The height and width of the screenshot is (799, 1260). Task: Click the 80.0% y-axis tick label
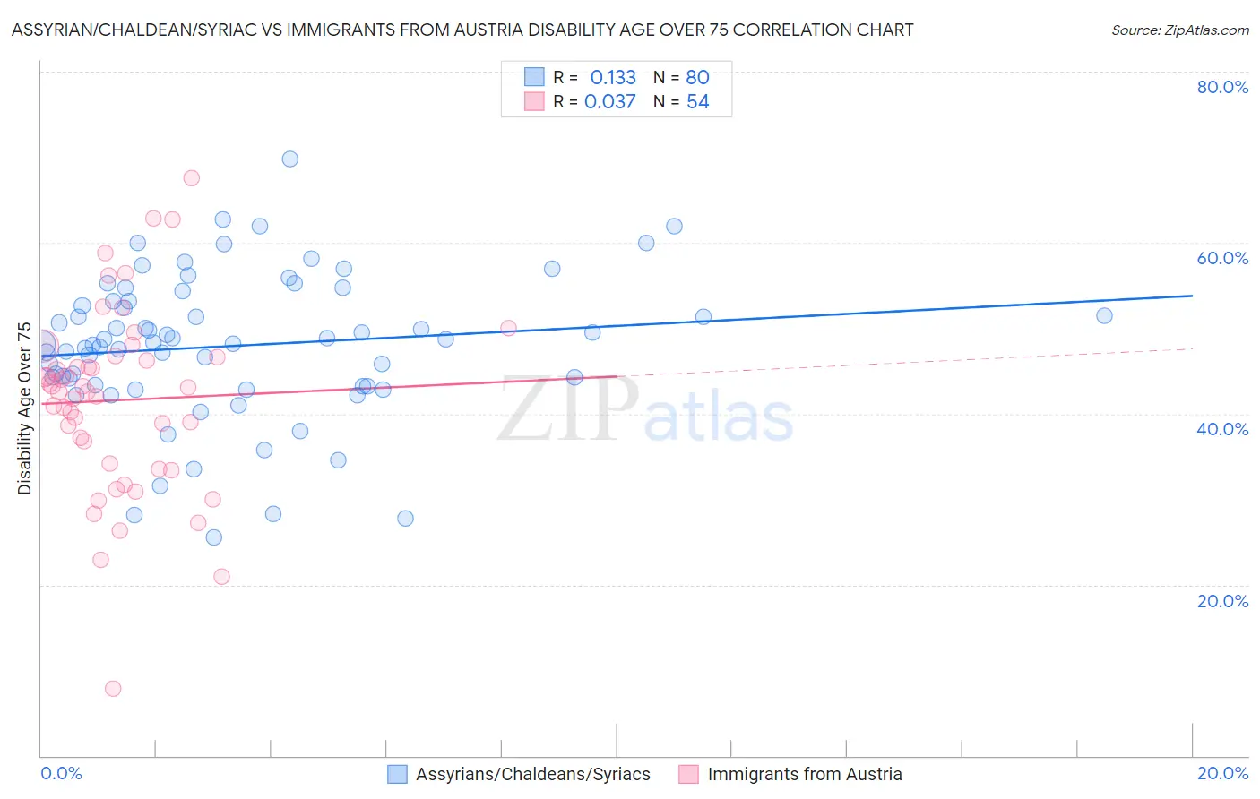(x=1222, y=87)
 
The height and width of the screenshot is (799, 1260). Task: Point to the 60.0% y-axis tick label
(x=1222, y=258)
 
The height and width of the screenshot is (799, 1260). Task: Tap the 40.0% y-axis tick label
(x=1222, y=429)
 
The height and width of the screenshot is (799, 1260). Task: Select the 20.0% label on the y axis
(x=1222, y=601)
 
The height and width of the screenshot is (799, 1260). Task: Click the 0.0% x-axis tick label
(x=61, y=773)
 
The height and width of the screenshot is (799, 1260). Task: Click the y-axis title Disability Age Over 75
(x=24, y=408)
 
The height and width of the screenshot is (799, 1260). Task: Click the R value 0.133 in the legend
(x=613, y=78)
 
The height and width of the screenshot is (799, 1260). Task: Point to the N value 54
(x=697, y=102)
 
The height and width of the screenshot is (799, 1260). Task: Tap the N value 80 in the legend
(x=697, y=78)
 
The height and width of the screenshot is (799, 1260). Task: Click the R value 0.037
(x=610, y=102)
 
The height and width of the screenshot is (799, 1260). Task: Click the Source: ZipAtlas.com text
(x=1179, y=30)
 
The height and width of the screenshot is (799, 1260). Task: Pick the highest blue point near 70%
(x=290, y=159)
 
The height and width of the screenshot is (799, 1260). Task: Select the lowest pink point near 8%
(x=113, y=689)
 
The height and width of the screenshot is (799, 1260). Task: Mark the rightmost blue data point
(x=1104, y=316)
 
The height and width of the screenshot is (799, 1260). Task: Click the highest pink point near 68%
(x=191, y=178)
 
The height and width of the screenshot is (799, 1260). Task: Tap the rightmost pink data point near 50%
(x=508, y=328)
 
